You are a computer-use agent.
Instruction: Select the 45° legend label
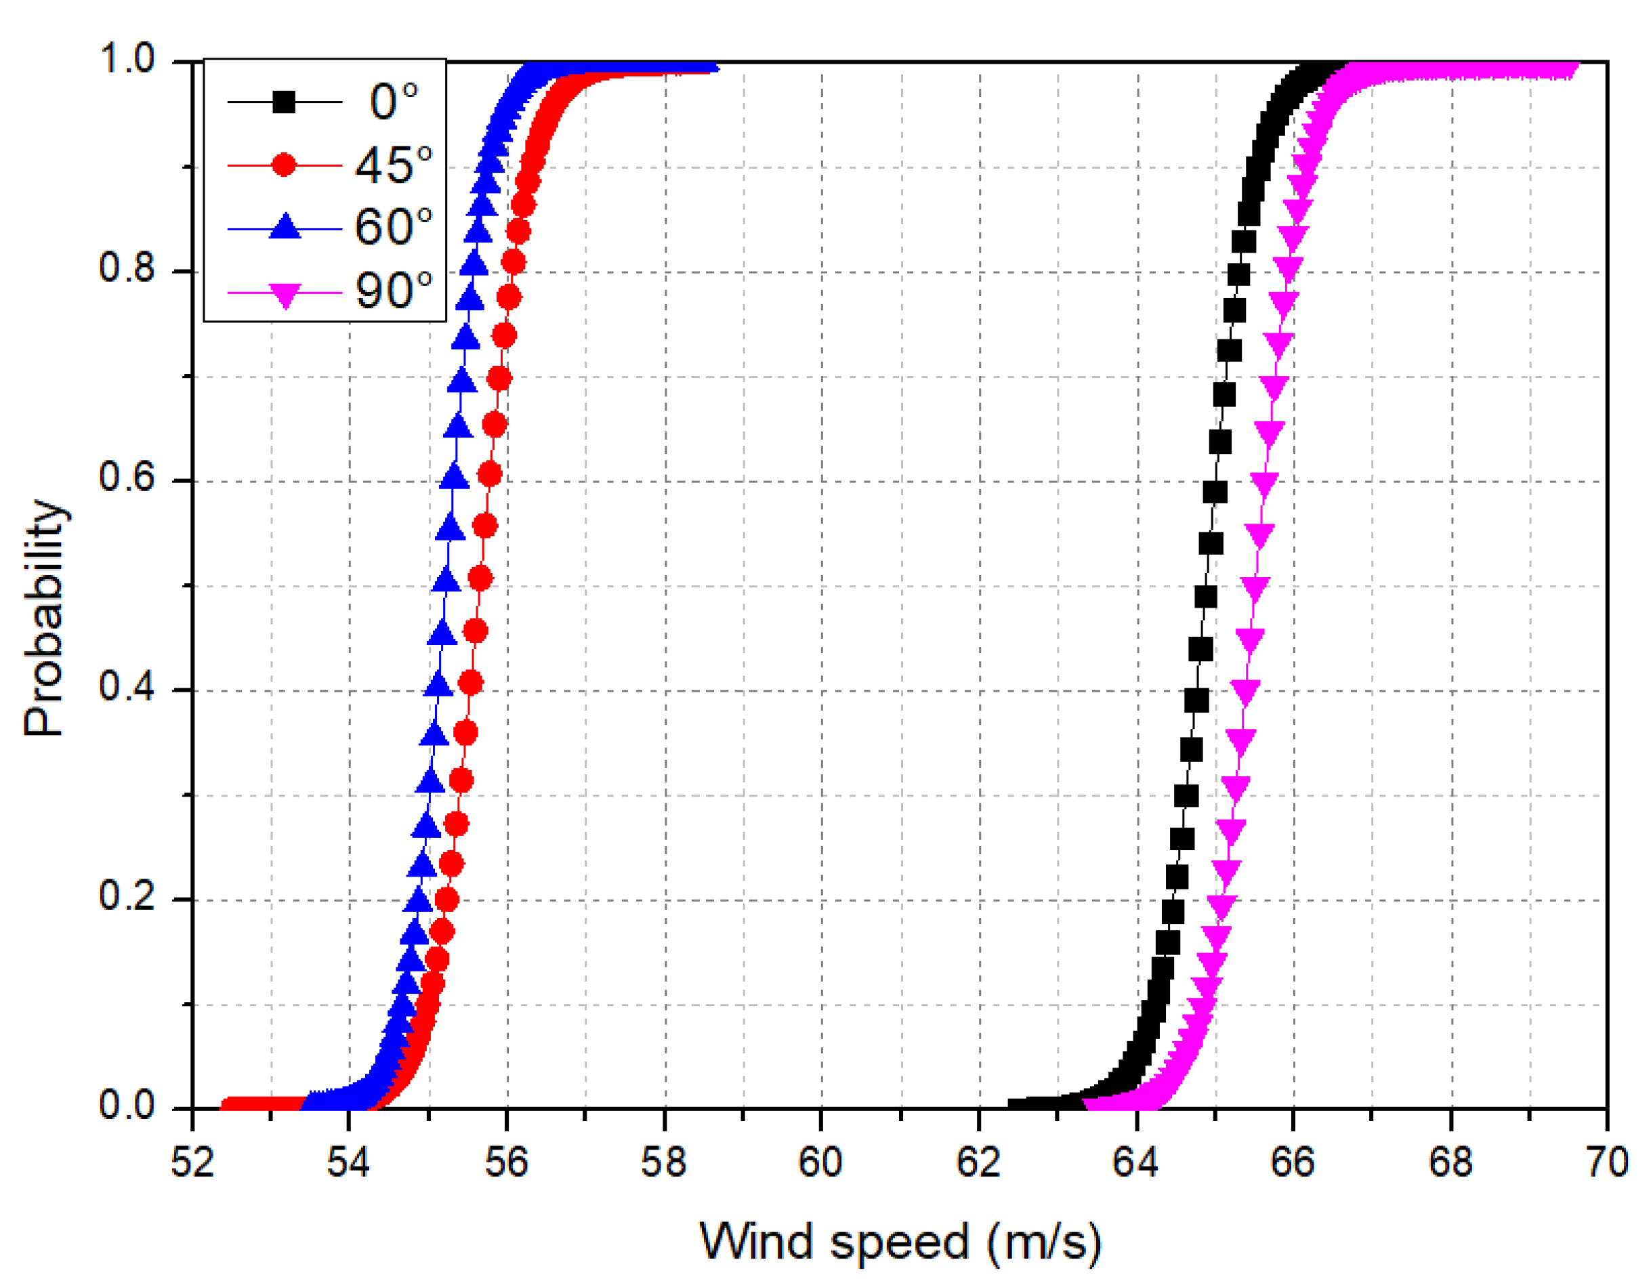coord(393,165)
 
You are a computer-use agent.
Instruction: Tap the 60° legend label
coord(393,227)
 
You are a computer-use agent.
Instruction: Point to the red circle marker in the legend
coord(285,165)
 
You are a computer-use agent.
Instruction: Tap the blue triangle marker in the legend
coord(285,227)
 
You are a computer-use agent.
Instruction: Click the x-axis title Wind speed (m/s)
coord(900,1241)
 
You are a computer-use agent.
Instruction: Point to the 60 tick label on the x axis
coord(821,1162)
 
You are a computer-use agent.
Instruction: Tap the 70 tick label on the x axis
coord(1606,1162)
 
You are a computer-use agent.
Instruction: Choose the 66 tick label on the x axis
coord(1293,1162)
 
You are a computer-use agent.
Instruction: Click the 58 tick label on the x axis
coord(664,1162)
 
